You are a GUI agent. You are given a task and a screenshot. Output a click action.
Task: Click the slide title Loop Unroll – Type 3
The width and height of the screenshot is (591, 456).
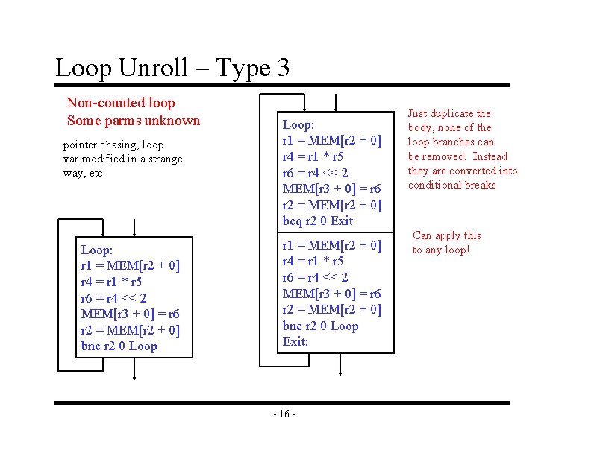coord(172,69)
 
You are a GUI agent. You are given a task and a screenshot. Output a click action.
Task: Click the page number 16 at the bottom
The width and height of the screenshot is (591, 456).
coord(285,414)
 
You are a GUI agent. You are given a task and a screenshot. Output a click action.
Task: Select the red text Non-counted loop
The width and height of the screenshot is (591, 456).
coord(121,103)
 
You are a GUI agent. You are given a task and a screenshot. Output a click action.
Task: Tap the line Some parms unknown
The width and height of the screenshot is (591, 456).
coord(134,121)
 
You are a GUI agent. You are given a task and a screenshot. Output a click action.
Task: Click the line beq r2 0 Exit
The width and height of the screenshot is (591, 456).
coord(317,221)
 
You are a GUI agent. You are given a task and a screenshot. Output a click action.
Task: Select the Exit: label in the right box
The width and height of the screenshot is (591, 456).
coord(295,342)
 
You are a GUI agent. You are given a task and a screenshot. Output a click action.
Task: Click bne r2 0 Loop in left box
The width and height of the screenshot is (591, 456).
coord(119,346)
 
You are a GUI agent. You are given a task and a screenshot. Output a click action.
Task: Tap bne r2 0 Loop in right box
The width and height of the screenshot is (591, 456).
coord(320,326)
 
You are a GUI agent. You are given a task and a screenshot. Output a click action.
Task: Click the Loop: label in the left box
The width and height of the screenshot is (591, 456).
coord(96,250)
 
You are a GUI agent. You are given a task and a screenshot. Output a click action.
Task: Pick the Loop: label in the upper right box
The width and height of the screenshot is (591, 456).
coord(298,125)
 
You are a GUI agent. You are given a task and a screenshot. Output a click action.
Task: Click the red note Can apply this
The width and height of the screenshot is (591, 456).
coord(447,235)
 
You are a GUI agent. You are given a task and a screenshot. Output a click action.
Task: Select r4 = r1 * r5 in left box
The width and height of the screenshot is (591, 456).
coord(111,282)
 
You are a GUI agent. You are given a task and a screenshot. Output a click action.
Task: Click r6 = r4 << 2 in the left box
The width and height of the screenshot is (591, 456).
coord(114,298)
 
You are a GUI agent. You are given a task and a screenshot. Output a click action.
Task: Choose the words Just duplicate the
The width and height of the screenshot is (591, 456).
coord(449,113)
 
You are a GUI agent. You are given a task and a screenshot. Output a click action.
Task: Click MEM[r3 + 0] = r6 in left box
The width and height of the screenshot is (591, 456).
coord(130,314)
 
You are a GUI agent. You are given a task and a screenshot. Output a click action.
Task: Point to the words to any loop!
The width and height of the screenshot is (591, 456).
coord(441,250)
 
